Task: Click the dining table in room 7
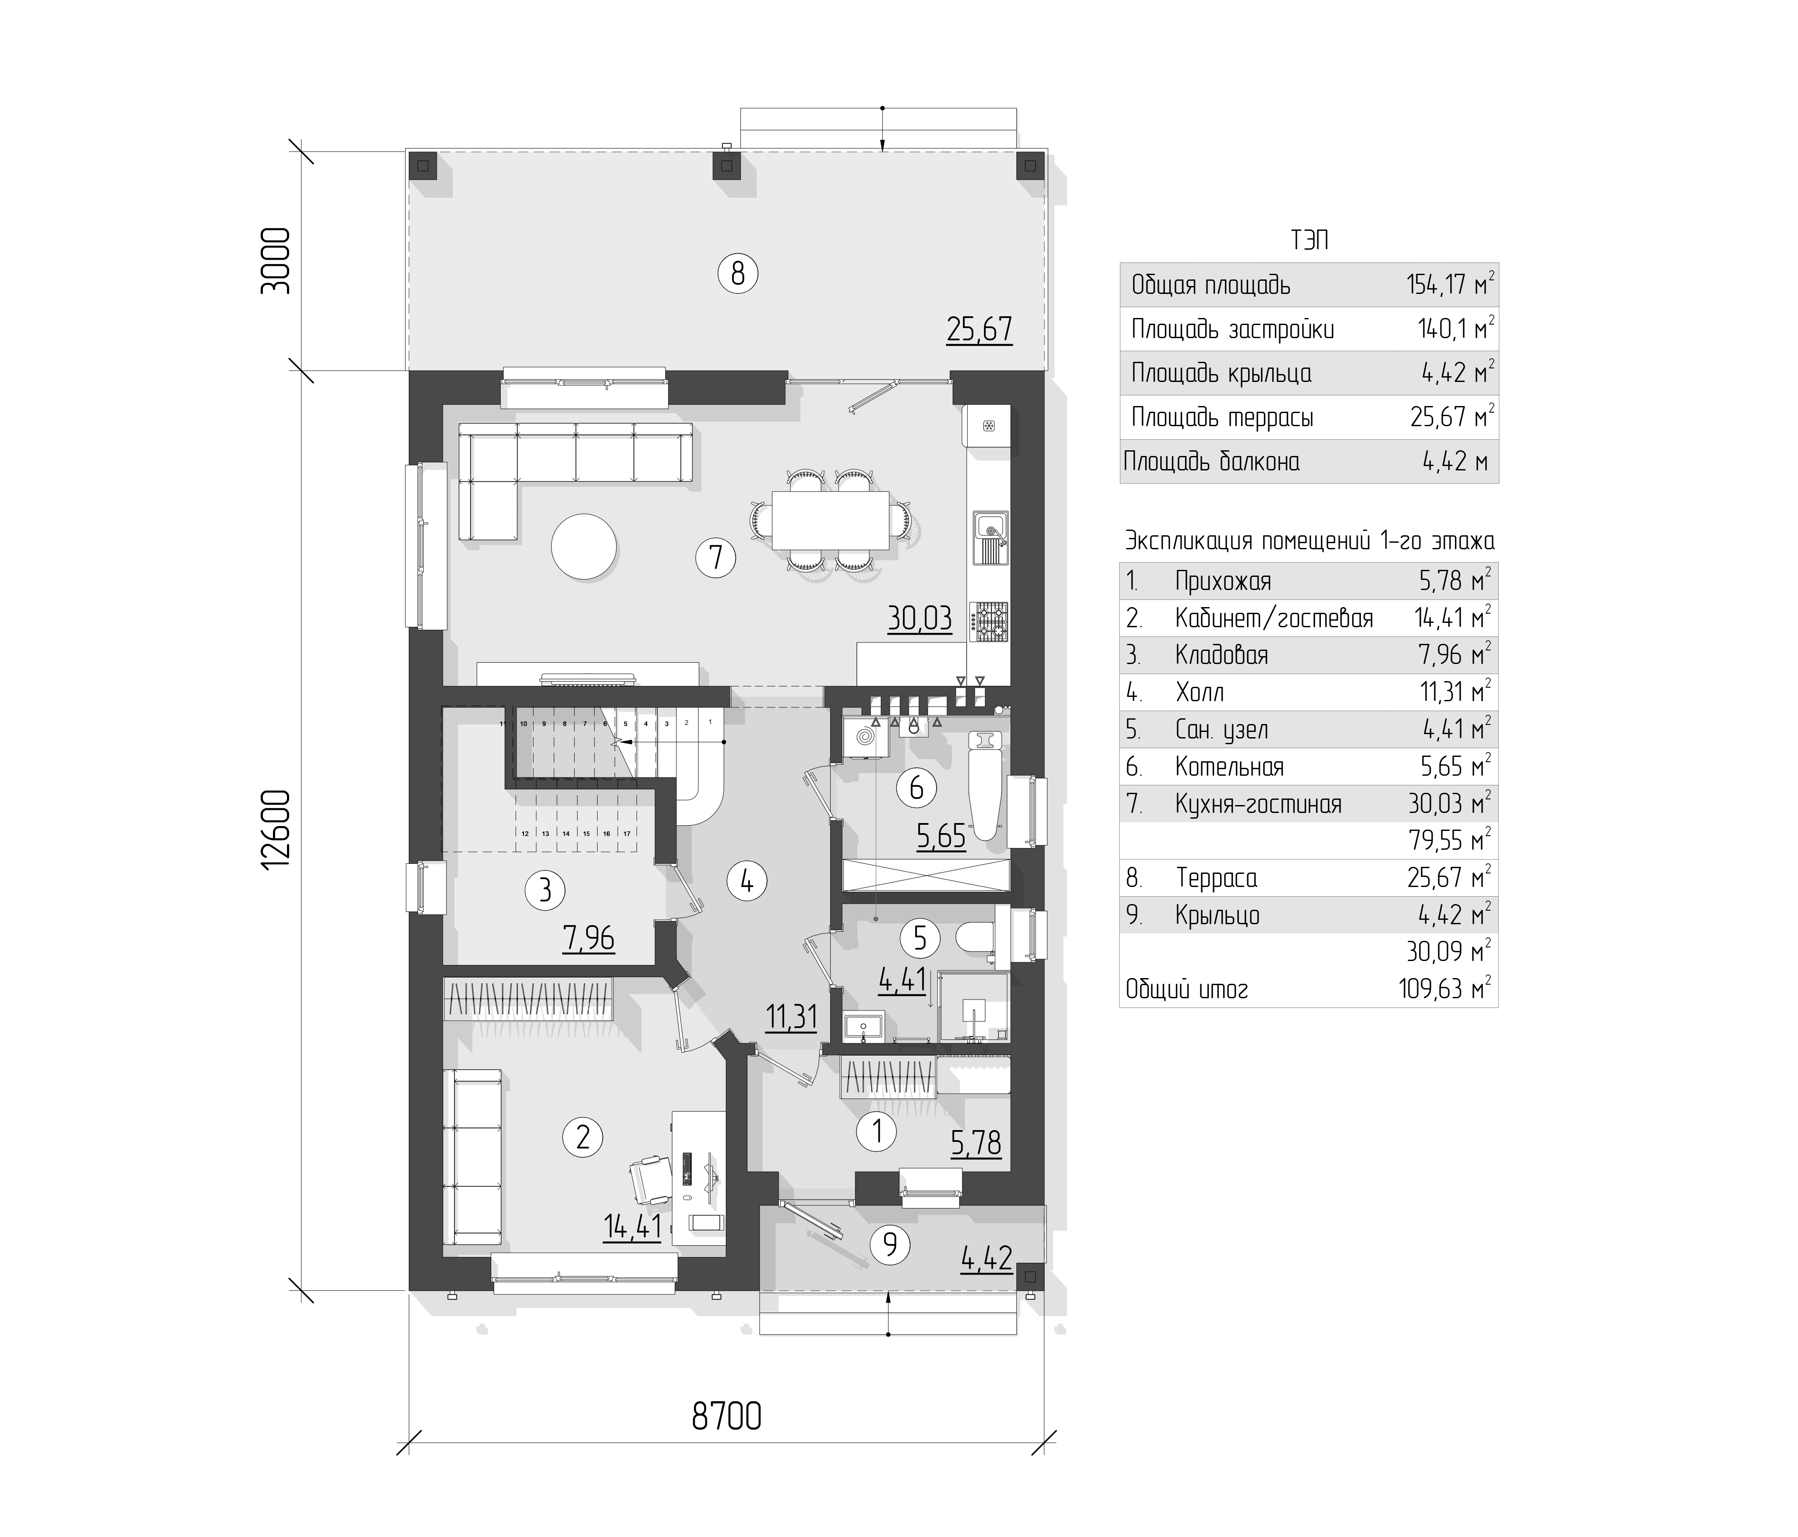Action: (831, 520)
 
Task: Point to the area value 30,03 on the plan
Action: (919, 618)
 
